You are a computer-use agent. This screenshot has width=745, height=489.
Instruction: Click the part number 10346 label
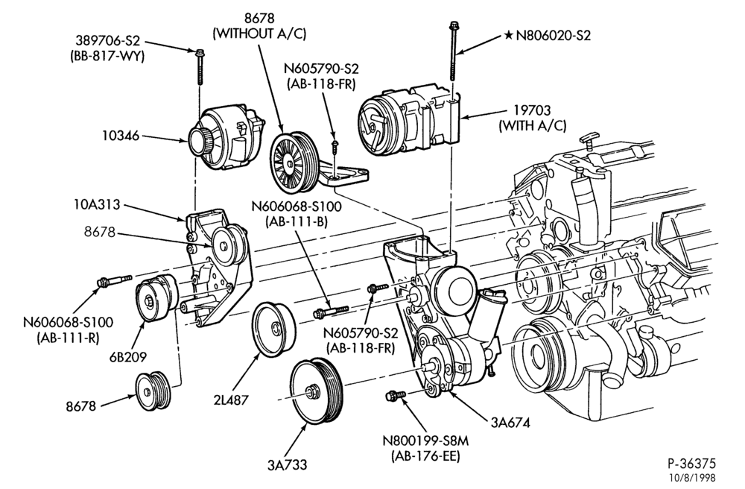pyautogui.click(x=120, y=136)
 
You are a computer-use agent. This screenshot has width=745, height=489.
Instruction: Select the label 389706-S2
pyautogui.click(x=107, y=41)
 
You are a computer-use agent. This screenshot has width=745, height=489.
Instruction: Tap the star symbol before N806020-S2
pyautogui.click(x=508, y=35)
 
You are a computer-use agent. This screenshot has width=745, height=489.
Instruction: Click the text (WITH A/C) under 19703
pyautogui.click(x=532, y=126)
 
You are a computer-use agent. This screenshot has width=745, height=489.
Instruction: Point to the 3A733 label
pyautogui.click(x=287, y=464)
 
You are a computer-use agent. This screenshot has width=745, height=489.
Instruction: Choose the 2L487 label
pyautogui.click(x=231, y=400)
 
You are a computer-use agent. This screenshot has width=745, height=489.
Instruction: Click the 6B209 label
pyautogui.click(x=128, y=356)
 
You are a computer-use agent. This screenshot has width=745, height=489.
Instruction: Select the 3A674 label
pyautogui.click(x=510, y=422)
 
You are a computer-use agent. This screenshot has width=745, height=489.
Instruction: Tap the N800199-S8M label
pyautogui.click(x=425, y=441)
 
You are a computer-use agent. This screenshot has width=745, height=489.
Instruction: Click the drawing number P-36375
pyautogui.click(x=691, y=464)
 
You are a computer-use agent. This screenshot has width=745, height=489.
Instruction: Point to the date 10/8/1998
pyautogui.click(x=691, y=478)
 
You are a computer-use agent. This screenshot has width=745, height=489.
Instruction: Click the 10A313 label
pyautogui.click(x=97, y=205)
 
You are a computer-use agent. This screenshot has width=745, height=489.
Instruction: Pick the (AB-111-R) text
pyautogui.click(x=68, y=338)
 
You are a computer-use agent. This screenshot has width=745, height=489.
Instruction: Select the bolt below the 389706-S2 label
pyautogui.click(x=200, y=67)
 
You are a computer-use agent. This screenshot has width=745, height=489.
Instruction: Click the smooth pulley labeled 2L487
pyautogui.click(x=273, y=328)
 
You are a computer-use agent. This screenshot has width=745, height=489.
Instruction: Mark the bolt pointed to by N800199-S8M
pyautogui.click(x=396, y=395)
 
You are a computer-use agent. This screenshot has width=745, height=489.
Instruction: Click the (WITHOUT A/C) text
pyautogui.click(x=259, y=34)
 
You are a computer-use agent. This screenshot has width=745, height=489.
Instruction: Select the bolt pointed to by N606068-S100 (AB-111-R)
pyautogui.click(x=114, y=280)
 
